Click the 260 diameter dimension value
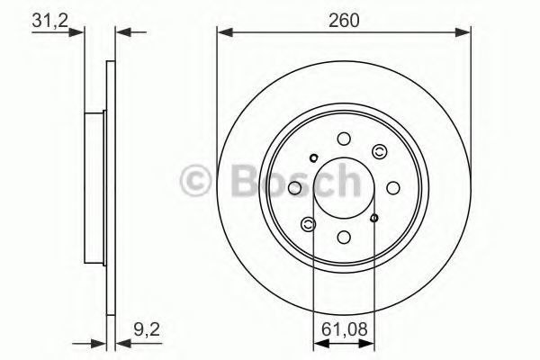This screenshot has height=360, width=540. click(344, 21)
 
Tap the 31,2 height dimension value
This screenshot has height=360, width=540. click(49, 21)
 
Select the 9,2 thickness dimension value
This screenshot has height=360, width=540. click(147, 330)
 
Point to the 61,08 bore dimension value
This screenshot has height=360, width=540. click(345, 329)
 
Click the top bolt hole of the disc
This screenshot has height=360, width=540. click(344, 139)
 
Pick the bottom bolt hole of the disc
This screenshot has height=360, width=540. click(344, 237)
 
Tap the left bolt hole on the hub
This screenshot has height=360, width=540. click(294, 188)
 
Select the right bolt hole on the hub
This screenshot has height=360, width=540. click(393, 188)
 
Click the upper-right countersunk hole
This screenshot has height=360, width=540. click(380, 151)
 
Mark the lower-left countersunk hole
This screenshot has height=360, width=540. click(308, 225)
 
